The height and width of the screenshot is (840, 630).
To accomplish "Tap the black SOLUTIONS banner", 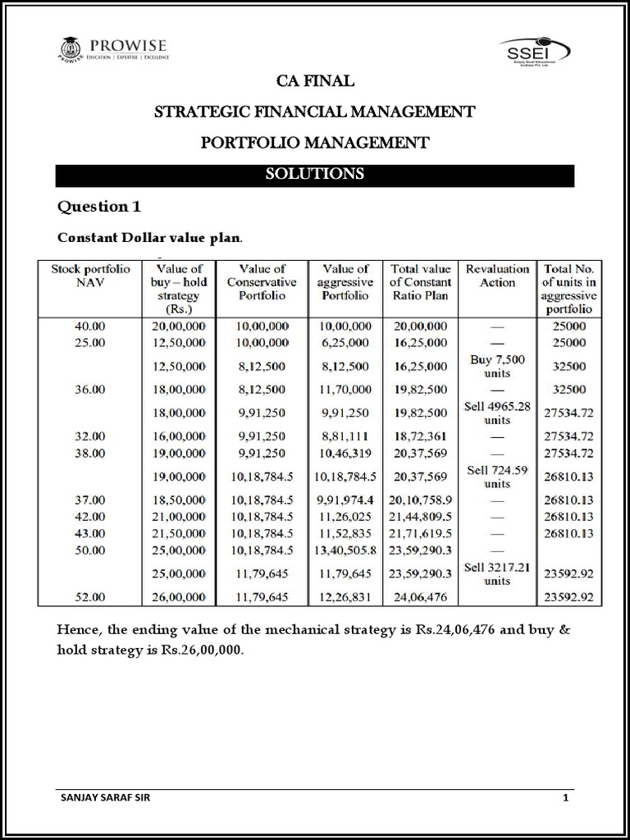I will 315,175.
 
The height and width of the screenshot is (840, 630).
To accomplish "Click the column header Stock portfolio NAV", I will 89,275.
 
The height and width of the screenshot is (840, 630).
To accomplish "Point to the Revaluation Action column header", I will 497,275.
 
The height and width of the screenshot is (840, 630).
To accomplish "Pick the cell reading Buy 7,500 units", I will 497,366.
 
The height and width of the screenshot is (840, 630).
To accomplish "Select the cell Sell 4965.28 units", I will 497,413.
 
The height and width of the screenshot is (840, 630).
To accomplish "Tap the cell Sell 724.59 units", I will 497,477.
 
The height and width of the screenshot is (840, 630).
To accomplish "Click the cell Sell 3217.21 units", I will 497,573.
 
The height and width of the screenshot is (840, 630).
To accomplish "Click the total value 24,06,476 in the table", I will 420,598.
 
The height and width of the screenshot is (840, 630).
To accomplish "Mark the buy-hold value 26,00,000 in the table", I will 179,598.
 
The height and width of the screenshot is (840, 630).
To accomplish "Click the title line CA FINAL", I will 315,80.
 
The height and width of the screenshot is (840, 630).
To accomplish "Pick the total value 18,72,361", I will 420,437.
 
